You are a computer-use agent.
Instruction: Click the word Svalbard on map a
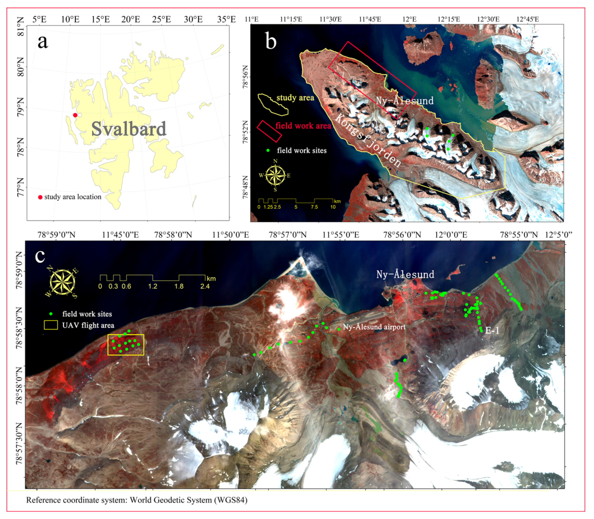point(129,129)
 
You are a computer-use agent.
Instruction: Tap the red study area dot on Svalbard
point(75,115)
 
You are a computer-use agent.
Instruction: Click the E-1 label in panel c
point(492,330)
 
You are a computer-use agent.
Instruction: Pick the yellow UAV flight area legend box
point(51,325)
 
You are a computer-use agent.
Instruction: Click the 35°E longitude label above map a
point(226,19)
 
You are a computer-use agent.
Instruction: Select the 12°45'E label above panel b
point(528,19)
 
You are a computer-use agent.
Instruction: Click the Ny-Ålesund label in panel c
point(405,274)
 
